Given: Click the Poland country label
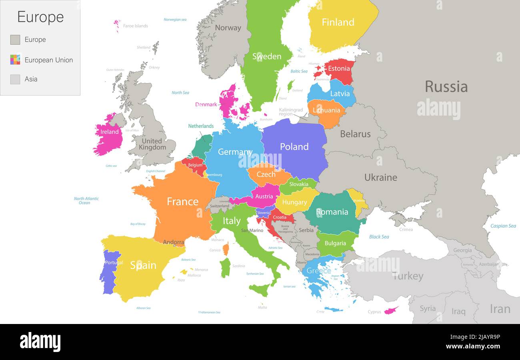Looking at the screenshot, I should point(294,147).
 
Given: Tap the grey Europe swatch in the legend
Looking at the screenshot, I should point(15,40).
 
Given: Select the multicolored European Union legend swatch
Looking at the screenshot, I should point(15,60).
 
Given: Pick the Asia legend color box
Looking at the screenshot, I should point(15,79).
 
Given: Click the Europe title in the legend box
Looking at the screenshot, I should point(40,17).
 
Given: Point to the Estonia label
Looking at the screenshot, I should point(339,68).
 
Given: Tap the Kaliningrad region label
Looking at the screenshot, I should point(291,112).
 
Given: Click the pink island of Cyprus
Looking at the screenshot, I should point(391,310).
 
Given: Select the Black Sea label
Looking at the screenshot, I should point(379,237).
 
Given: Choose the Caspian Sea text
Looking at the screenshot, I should point(503,226).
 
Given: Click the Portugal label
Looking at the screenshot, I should point(114,263).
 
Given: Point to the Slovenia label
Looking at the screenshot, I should point(264,213).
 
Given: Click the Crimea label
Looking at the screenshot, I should point(406,230).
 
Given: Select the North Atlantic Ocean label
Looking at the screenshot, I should point(86,201).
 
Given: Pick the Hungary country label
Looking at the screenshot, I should point(294,202).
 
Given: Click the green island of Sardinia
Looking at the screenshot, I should point(225,268).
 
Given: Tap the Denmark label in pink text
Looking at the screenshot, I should point(206,105).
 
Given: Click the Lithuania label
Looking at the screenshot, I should point(326,110).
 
